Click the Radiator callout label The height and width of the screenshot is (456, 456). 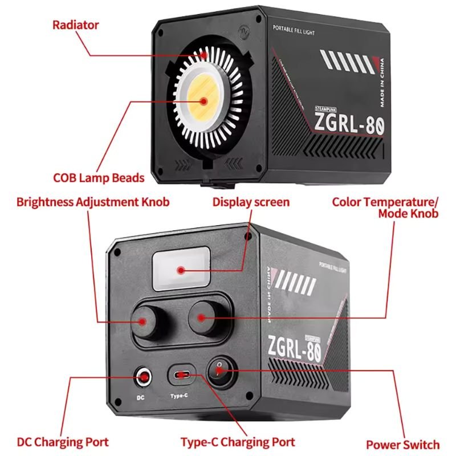coord(75,25)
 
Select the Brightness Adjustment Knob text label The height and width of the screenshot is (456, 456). coord(93,202)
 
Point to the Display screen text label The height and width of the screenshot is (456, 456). coord(251,202)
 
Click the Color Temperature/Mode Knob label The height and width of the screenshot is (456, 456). coord(385,207)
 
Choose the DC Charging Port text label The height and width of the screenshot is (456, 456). coord(63,442)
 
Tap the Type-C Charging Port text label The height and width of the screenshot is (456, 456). coord(238,442)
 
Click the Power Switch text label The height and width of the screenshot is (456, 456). coord(402,445)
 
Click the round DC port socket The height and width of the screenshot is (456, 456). coord(144,376)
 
